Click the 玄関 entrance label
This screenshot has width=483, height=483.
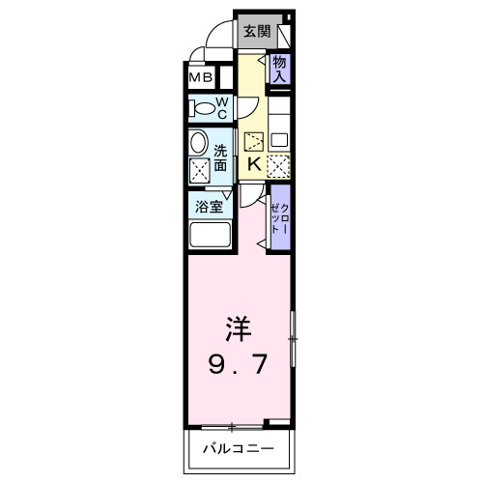[256, 31]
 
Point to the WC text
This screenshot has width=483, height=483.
[221, 107]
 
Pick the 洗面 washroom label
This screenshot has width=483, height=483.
[221, 158]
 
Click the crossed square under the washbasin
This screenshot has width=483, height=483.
[200, 171]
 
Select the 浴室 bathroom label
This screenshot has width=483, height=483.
[210, 205]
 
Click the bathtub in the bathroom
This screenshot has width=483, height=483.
[210, 237]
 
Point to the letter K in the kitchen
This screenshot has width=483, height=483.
[254, 164]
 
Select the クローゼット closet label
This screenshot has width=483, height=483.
[280, 218]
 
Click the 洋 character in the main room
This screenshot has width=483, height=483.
[239, 329]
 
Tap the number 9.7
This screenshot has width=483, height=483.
[239, 365]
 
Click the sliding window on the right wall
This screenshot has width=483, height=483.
[293, 339]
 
